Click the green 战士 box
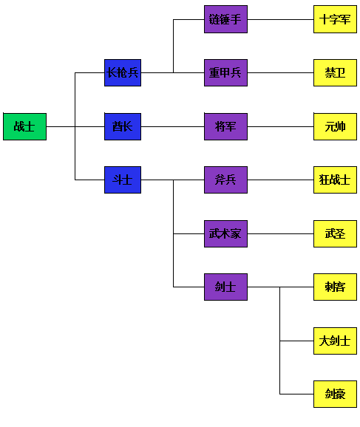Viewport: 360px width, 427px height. tap(25, 126)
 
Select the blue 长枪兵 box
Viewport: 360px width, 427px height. tap(123, 72)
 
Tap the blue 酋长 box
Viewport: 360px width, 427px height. tap(123, 126)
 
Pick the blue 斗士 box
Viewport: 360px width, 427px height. tap(123, 180)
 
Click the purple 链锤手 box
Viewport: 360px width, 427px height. tap(225, 19)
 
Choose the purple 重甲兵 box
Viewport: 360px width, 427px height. tap(225, 72)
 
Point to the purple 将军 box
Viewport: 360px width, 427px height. tap(225, 126)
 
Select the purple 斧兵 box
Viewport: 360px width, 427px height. tap(225, 180)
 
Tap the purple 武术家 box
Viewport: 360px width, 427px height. tap(225, 233)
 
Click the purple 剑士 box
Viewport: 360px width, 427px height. tap(225, 287)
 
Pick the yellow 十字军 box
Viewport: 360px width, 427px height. tap(335, 19)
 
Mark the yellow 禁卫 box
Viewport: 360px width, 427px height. tap(335, 72)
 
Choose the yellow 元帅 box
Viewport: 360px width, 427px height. tap(335, 126)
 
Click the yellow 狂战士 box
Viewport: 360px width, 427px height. tap(335, 180)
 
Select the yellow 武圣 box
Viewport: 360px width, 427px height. tap(335, 233)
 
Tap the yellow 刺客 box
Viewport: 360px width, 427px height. tap(335, 287)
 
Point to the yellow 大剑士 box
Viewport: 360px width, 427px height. tap(335, 341)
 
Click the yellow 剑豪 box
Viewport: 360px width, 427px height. tap(335, 394)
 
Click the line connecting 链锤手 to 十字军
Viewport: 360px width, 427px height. tap(280, 20)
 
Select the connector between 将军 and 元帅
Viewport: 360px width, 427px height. tap(280, 126)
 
